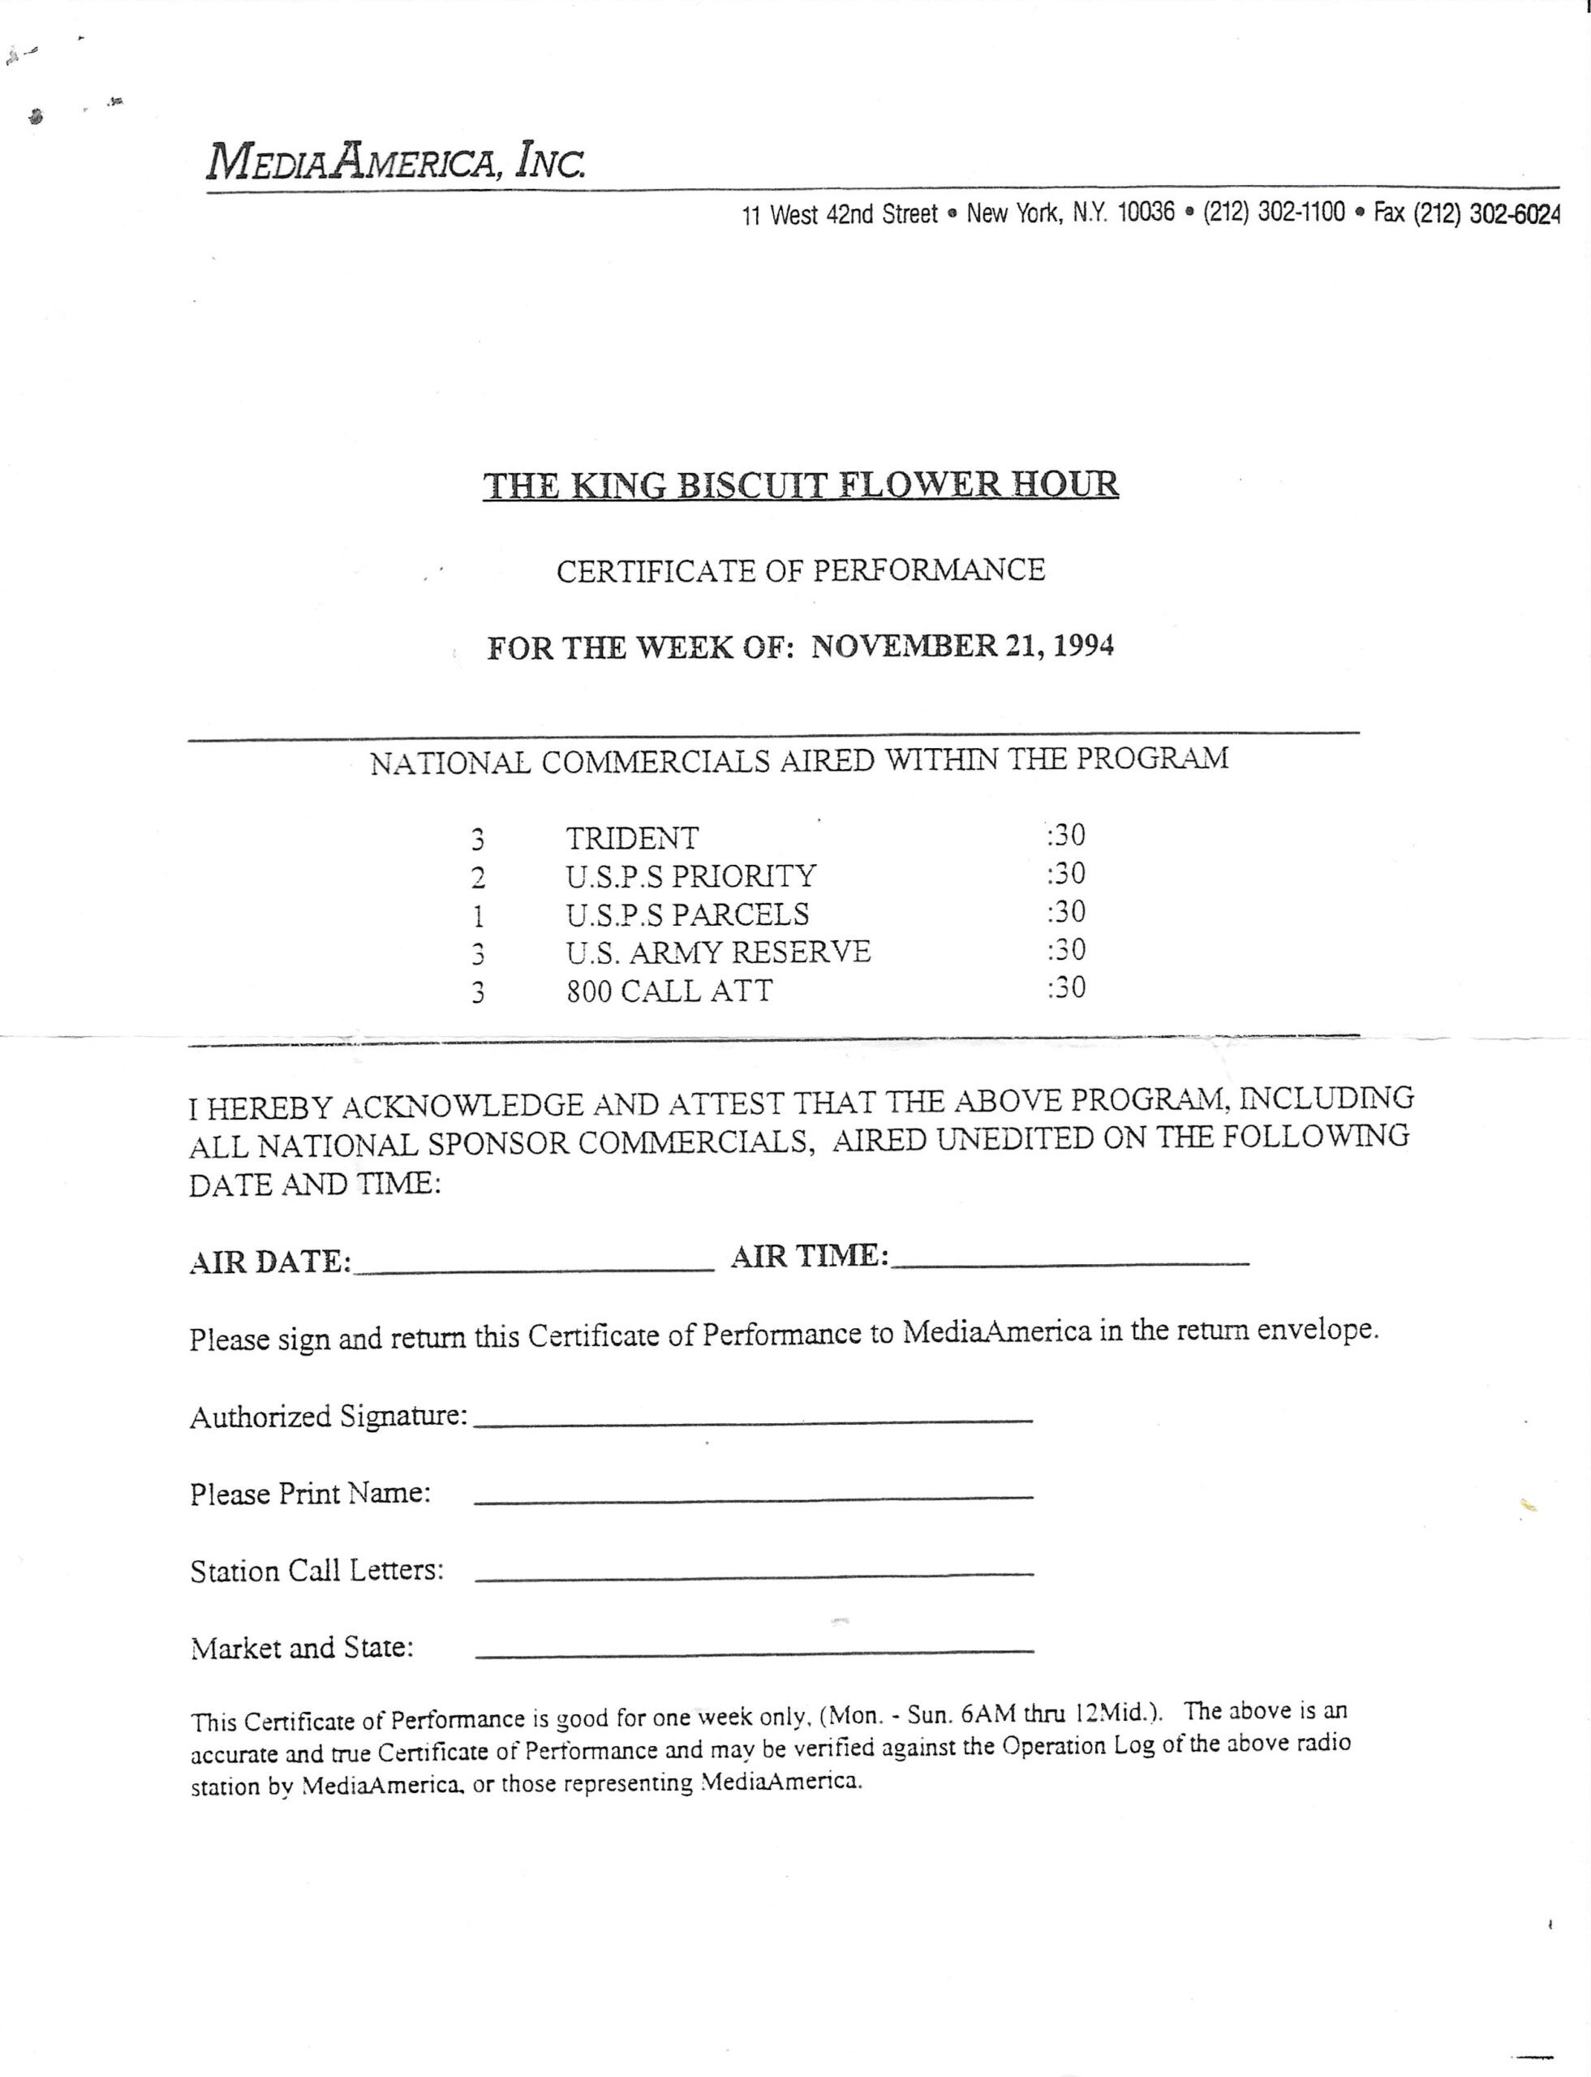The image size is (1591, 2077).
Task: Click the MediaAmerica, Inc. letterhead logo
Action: (396, 162)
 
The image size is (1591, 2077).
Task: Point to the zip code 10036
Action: (1146, 213)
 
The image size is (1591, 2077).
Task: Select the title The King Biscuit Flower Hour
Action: (800, 485)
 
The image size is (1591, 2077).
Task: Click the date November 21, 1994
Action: (962, 647)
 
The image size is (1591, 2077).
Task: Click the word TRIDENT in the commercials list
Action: (632, 838)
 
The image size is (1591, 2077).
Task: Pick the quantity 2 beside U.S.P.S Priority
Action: (478, 878)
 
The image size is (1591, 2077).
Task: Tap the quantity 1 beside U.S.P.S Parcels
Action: (478, 916)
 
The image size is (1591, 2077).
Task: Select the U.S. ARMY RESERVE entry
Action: (718, 952)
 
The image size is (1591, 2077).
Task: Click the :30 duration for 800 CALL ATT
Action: (1066, 988)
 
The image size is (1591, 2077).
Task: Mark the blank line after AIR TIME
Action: (1070, 1262)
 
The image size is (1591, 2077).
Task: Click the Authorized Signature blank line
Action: (753, 1418)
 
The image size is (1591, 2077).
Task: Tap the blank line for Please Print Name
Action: (753, 1495)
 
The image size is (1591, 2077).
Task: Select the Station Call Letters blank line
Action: (753, 1573)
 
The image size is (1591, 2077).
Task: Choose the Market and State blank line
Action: (753, 1651)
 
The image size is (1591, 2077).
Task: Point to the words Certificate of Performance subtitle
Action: (800, 570)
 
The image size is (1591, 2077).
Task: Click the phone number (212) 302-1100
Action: (1274, 213)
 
